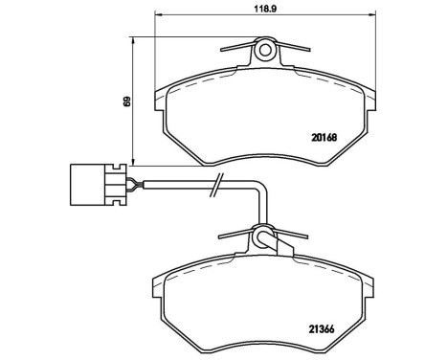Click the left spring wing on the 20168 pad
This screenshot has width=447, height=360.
point(235,47)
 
